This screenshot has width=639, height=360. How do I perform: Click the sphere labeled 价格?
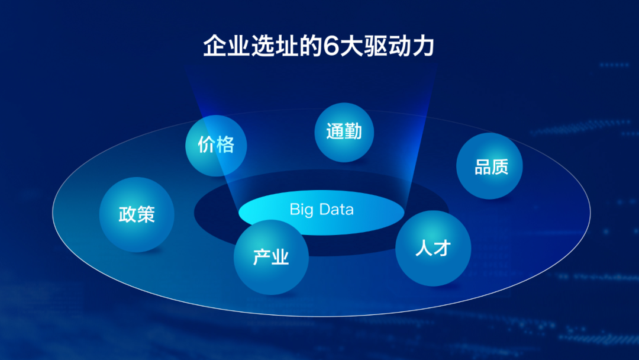pyautogui.click(x=216, y=146)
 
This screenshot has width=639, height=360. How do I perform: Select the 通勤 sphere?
pyautogui.click(x=344, y=132)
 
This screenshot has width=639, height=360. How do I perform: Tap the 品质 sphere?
pyautogui.click(x=489, y=166)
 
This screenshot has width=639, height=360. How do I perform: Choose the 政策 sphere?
pyautogui.click(x=137, y=214)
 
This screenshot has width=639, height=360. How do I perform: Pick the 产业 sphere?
pyautogui.click(x=271, y=257)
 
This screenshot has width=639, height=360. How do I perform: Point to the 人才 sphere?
pyautogui.click(x=433, y=248)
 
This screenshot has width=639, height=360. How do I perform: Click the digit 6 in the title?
pyautogui.click(x=331, y=46)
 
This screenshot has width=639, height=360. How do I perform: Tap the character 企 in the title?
pyautogui.click(x=215, y=46)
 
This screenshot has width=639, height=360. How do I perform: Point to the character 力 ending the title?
pyautogui.click(x=423, y=46)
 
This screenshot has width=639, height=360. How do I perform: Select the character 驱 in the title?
pyautogui.click(x=375, y=46)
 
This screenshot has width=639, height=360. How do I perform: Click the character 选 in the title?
pyautogui.click(x=263, y=46)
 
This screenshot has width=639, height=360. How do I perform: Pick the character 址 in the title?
pyautogui.click(x=286, y=46)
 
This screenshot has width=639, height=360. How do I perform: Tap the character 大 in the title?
pyautogui.click(x=351, y=46)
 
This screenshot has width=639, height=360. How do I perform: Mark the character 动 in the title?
pyautogui.click(x=399, y=46)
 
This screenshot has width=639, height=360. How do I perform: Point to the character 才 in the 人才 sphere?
pyautogui.click(x=442, y=248)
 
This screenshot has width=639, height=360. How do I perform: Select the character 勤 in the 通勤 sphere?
pyautogui.click(x=353, y=131)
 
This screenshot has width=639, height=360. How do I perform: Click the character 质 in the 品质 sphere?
pyautogui.click(x=500, y=167)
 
